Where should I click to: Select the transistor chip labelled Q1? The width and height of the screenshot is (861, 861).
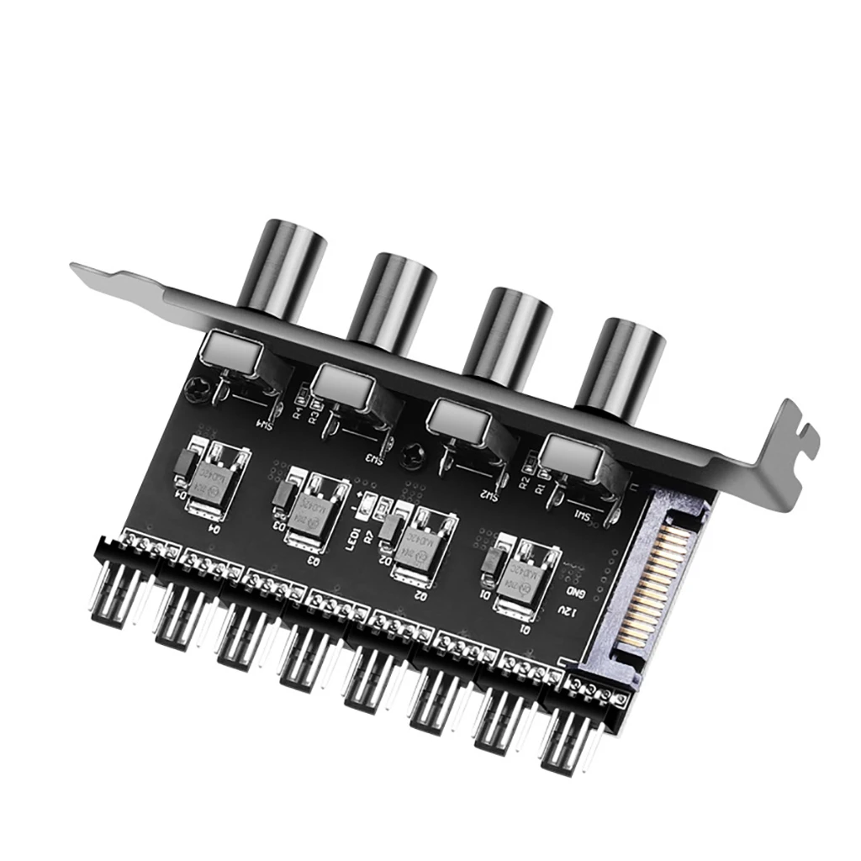(x=514, y=573)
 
